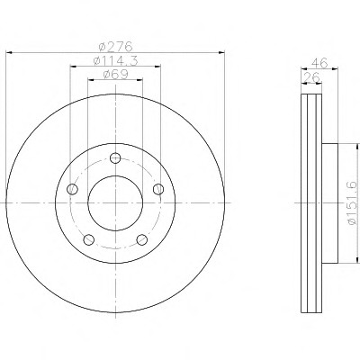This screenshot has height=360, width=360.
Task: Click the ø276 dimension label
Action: point(115,47)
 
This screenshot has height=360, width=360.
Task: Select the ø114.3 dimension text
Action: point(115,61)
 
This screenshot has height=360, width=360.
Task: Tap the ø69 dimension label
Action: point(115,75)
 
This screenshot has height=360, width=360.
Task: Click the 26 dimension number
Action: point(311,77)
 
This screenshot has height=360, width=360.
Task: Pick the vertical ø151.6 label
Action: point(353,202)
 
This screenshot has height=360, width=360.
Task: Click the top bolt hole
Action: point(115,157)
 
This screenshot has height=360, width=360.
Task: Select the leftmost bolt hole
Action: point(72,189)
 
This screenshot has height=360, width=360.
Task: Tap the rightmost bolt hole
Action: point(158,189)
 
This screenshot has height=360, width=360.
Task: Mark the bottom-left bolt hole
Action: point(89,239)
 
